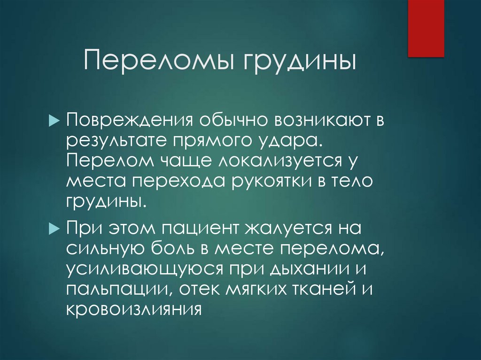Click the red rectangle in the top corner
tap(426, 28)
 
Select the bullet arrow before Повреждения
tap(53, 121)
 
